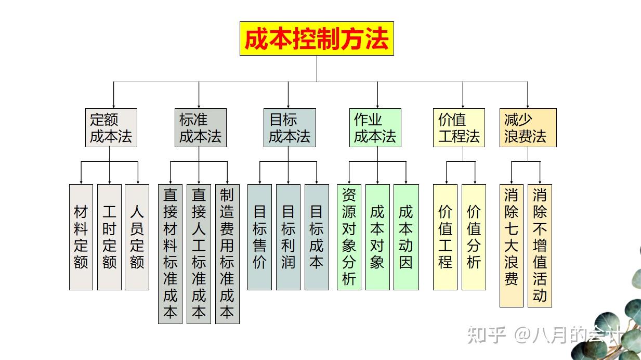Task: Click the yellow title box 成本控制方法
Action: coord(317,38)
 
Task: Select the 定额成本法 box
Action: coord(111,127)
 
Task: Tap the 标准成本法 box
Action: coord(200,127)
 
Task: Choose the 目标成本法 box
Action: coord(290,127)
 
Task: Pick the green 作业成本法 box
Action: coord(375,127)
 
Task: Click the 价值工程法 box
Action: coord(459,127)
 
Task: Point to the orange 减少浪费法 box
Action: coord(528,127)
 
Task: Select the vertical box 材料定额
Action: coord(81,237)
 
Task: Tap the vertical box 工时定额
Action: coord(109,237)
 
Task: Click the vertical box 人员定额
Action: coord(137,237)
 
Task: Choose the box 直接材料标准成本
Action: coord(171,253)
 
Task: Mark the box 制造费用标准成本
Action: coord(227,253)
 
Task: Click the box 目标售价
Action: coord(259,237)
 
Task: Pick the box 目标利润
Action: coord(288,237)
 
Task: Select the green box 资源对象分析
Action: coord(349,237)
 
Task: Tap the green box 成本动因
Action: coord(406,237)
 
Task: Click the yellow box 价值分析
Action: coord(474,237)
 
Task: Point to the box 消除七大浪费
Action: coord(511,245)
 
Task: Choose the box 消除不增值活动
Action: coord(540,245)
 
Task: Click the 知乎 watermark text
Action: coord(487,335)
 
